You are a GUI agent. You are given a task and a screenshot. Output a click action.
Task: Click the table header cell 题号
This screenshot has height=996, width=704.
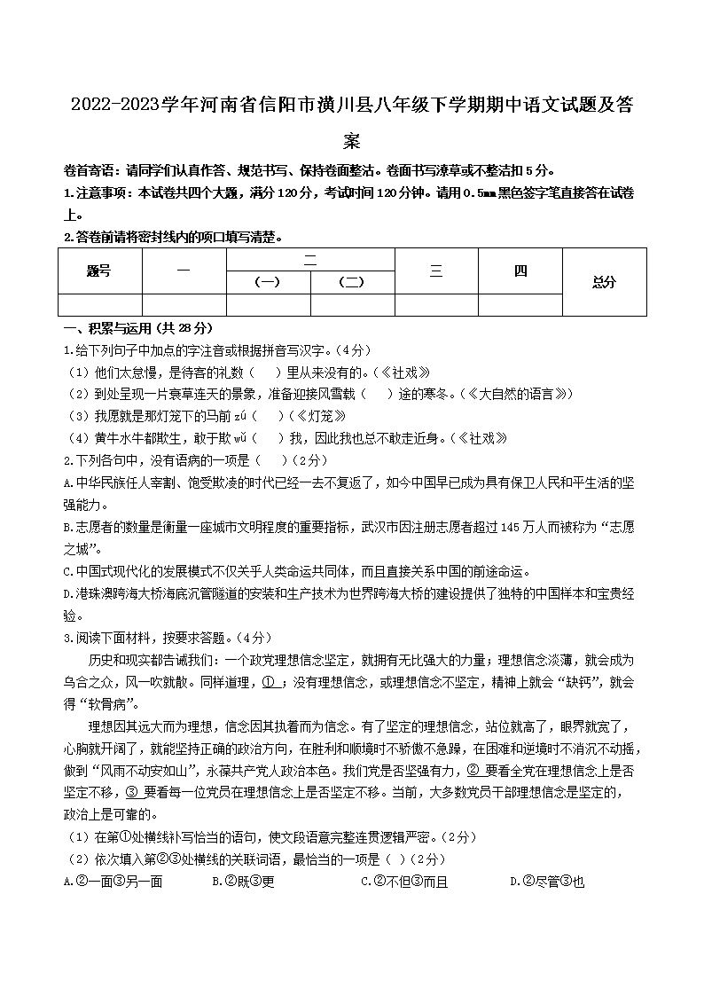coord(99,271)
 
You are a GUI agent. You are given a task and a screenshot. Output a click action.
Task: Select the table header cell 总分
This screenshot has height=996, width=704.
coord(604,282)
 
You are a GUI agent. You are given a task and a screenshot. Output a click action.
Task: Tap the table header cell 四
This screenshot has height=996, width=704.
coord(520,271)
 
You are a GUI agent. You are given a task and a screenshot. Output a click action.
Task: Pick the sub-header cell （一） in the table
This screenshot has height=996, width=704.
coord(268,282)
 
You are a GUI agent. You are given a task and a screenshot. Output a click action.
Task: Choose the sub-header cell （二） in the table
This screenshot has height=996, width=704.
coord(352,282)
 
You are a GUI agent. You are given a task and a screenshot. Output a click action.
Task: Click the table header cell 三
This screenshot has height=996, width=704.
coord(435,271)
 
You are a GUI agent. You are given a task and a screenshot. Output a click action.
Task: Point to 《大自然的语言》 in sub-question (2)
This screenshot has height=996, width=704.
coord(518,394)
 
